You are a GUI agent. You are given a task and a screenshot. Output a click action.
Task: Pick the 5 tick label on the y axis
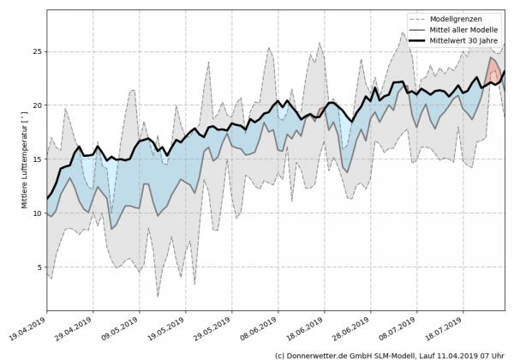(39, 267)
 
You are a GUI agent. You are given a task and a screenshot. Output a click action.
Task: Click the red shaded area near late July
(494, 71)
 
